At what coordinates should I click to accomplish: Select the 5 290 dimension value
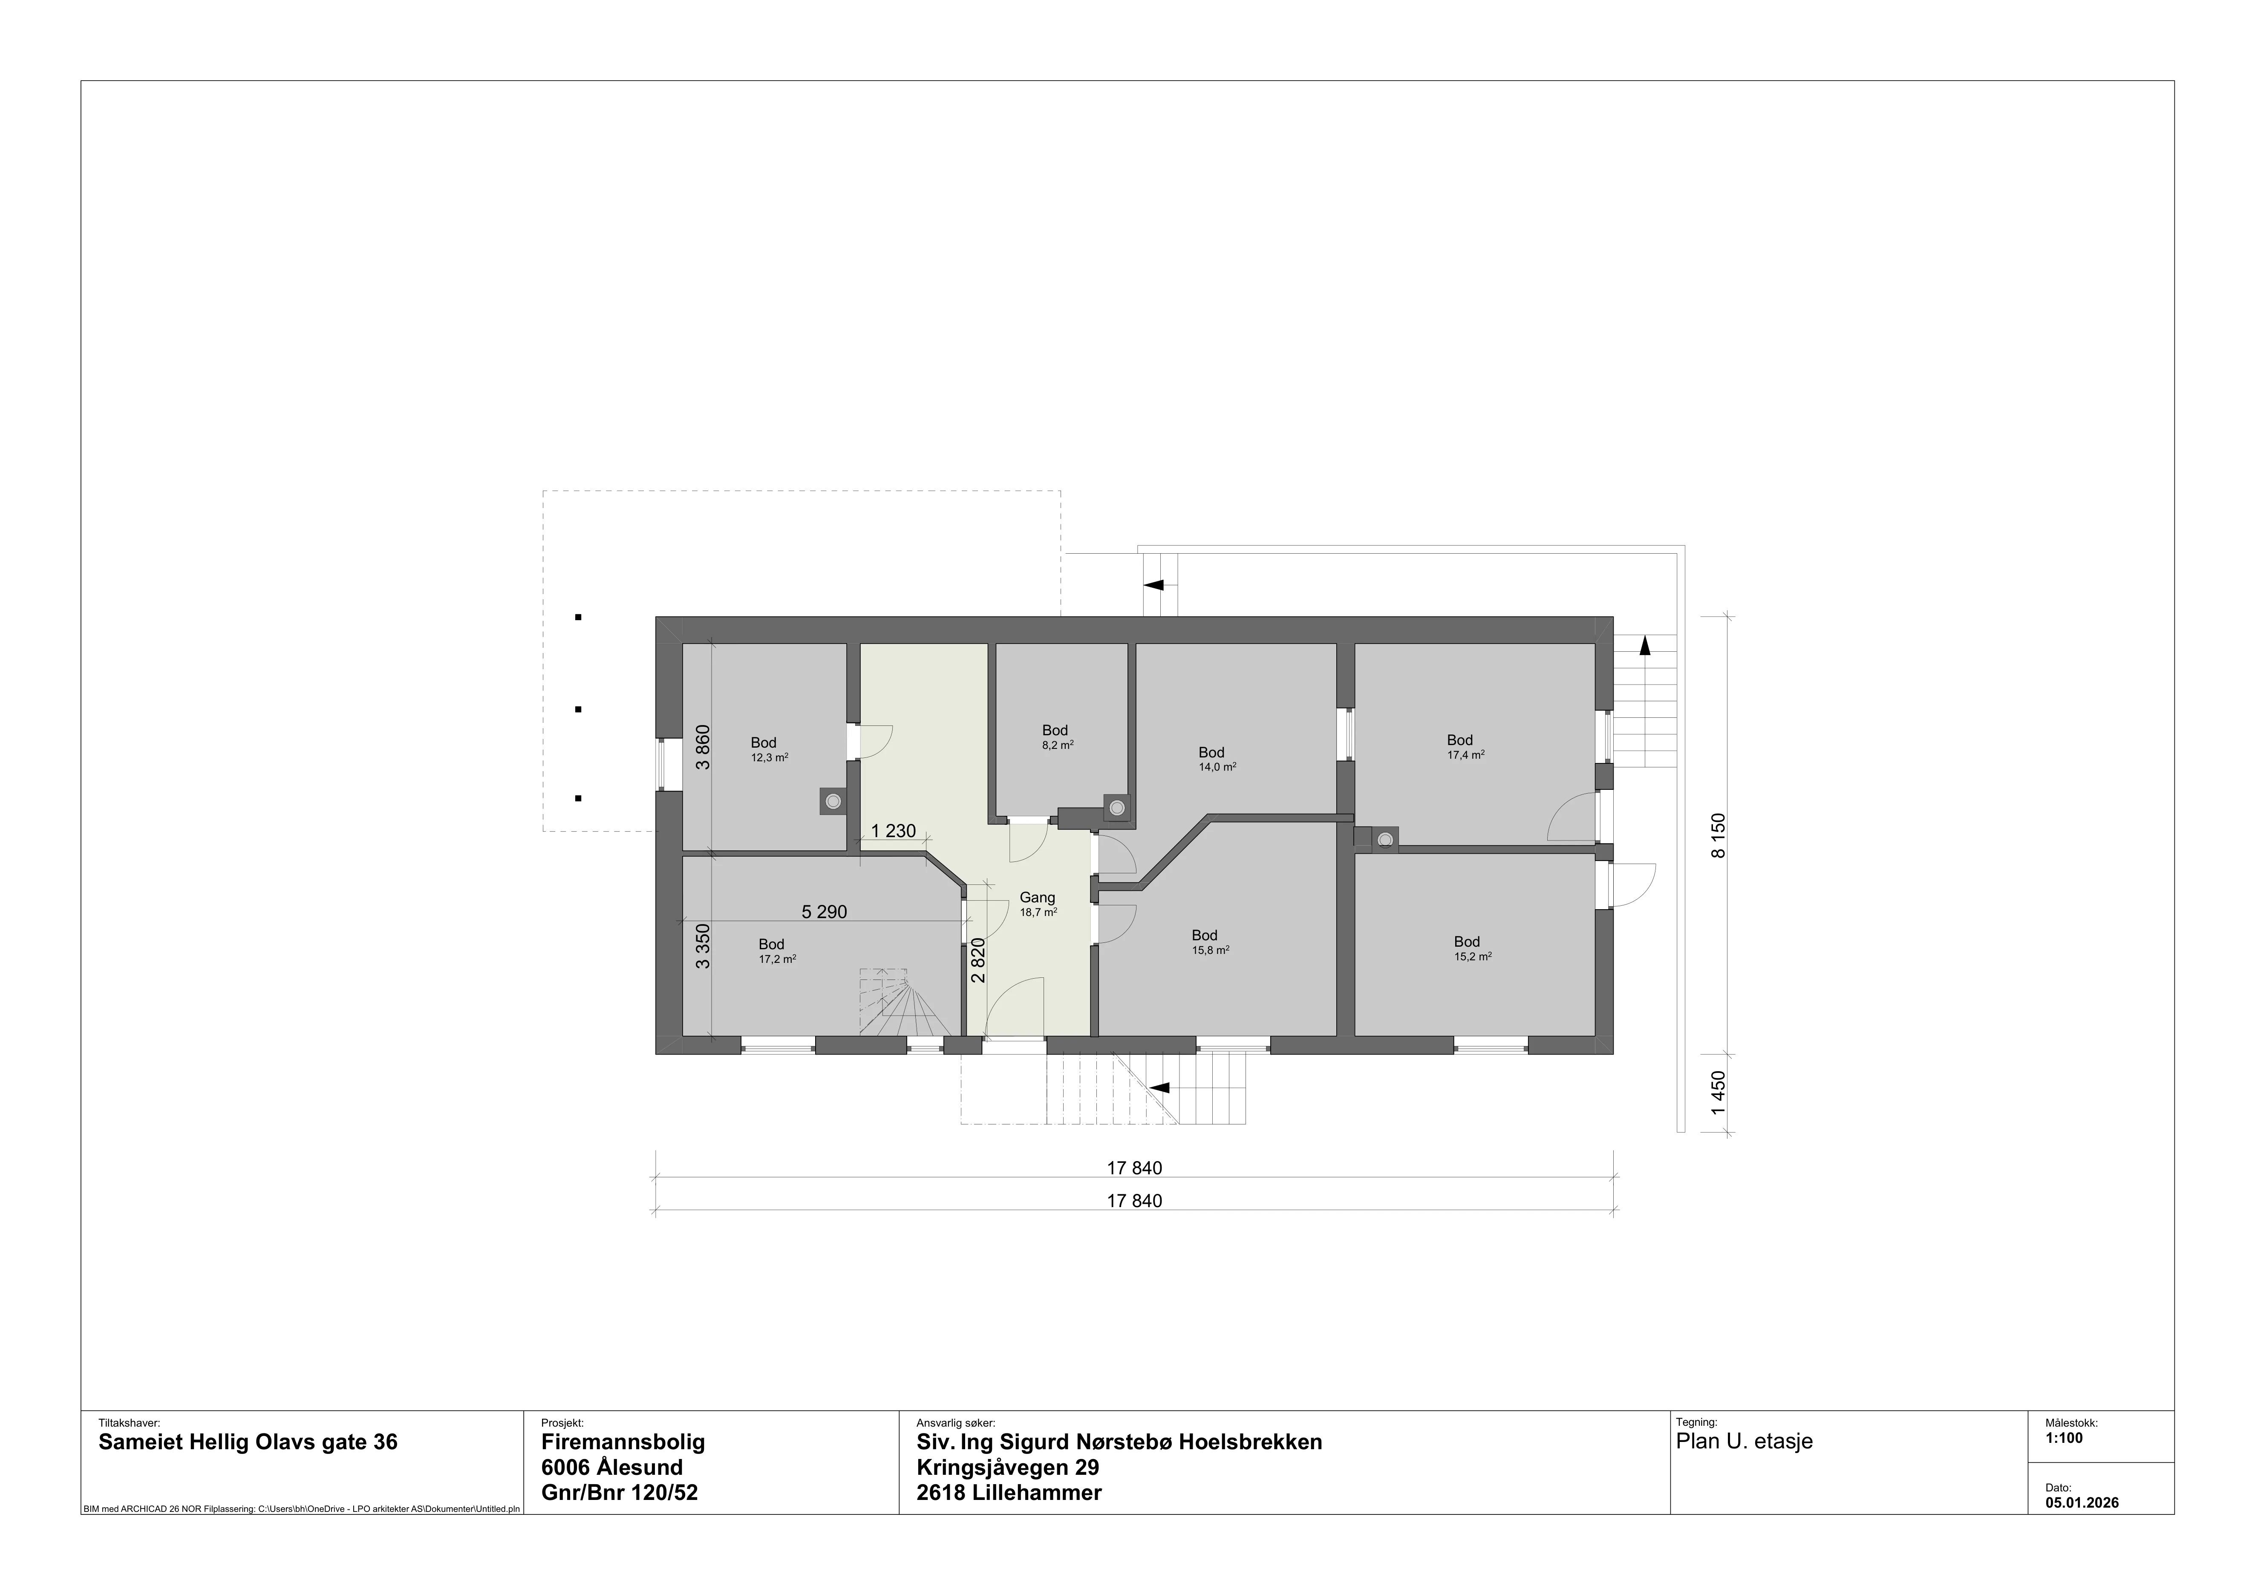pos(824,913)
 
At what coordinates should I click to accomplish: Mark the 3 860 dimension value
pos(702,747)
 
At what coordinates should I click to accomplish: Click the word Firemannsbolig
pos(623,1442)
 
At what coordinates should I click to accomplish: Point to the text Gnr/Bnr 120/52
pos(620,1493)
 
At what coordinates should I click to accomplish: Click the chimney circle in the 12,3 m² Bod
pos(833,801)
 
